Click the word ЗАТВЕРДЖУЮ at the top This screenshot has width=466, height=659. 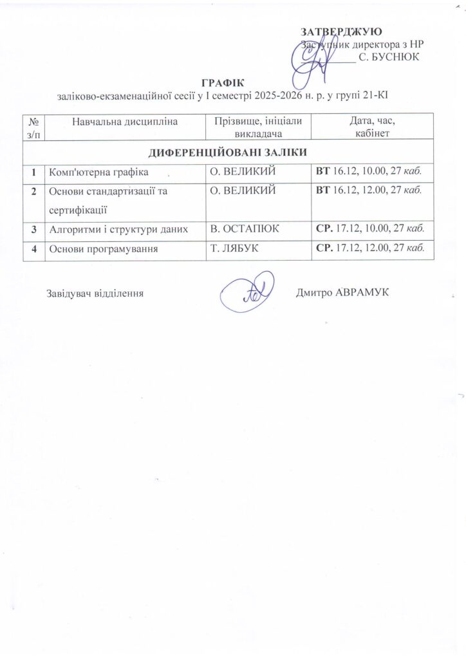click(x=341, y=32)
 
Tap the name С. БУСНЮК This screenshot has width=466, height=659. click(x=389, y=57)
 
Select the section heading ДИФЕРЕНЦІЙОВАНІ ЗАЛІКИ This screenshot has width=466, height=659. click(x=227, y=153)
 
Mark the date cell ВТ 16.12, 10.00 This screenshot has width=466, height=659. click(x=369, y=172)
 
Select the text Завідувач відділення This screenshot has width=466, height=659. click(x=94, y=293)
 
